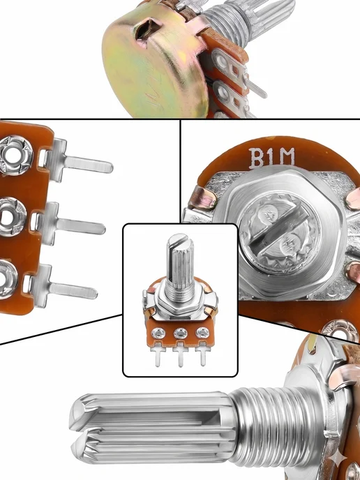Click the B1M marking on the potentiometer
click(x=271, y=158)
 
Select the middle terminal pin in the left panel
click(x=73, y=225)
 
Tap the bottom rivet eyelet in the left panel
click(x=7, y=279)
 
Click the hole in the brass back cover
click(x=147, y=29)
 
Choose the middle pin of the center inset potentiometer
click(x=180, y=354)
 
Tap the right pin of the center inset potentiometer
click(x=202, y=354)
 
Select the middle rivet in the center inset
click(x=180, y=333)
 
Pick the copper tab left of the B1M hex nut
click(x=202, y=199)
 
